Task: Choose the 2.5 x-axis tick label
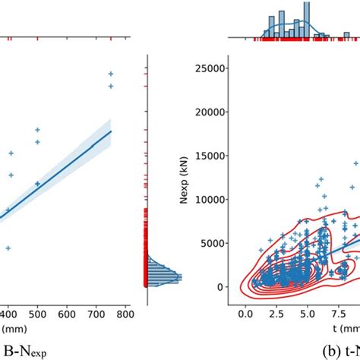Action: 277,313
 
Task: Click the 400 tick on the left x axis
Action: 8,313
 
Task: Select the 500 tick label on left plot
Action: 38,313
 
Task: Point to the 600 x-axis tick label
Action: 67,313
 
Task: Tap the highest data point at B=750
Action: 111,74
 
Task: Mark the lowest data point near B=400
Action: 8,248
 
